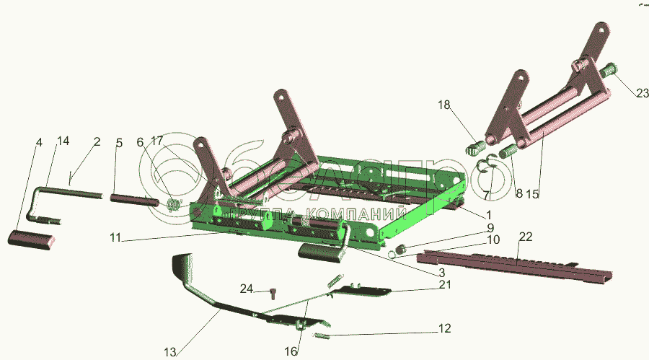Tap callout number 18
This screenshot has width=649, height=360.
(x=444, y=105)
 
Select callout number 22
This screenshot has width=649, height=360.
(x=525, y=237)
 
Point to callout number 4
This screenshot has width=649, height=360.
(x=39, y=143)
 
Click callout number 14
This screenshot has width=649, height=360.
(x=63, y=141)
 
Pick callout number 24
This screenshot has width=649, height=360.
(x=247, y=289)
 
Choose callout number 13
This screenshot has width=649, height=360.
(x=170, y=352)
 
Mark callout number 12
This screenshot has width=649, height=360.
(x=443, y=328)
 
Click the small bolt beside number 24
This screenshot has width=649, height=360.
(x=273, y=293)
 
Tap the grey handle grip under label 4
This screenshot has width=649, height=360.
(x=32, y=240)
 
